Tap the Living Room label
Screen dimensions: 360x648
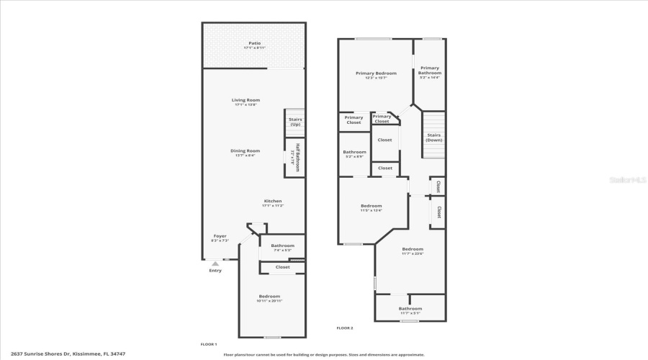point(246,100)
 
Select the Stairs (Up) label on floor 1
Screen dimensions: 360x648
point(295,122)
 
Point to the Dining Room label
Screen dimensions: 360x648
point(245,150)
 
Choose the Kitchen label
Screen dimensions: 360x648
point(273,201)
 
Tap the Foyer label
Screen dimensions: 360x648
point(220,236)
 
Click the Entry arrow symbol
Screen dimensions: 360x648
point(215,264)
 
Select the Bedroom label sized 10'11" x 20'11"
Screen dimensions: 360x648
point(271,297)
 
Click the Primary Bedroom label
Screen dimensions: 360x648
point(376,73)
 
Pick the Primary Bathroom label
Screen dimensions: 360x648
point(430,71)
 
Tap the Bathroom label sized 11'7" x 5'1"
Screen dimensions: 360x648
point(410,309)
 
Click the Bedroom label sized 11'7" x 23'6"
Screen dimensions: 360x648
point(413,249)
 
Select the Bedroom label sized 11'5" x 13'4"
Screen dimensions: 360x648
point(372,206)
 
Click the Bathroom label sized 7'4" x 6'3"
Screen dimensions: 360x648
point(282,246)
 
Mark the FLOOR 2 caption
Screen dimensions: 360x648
point(345,328)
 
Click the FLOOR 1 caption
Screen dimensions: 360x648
point(208,344)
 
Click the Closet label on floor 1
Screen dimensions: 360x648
point(282,267)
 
